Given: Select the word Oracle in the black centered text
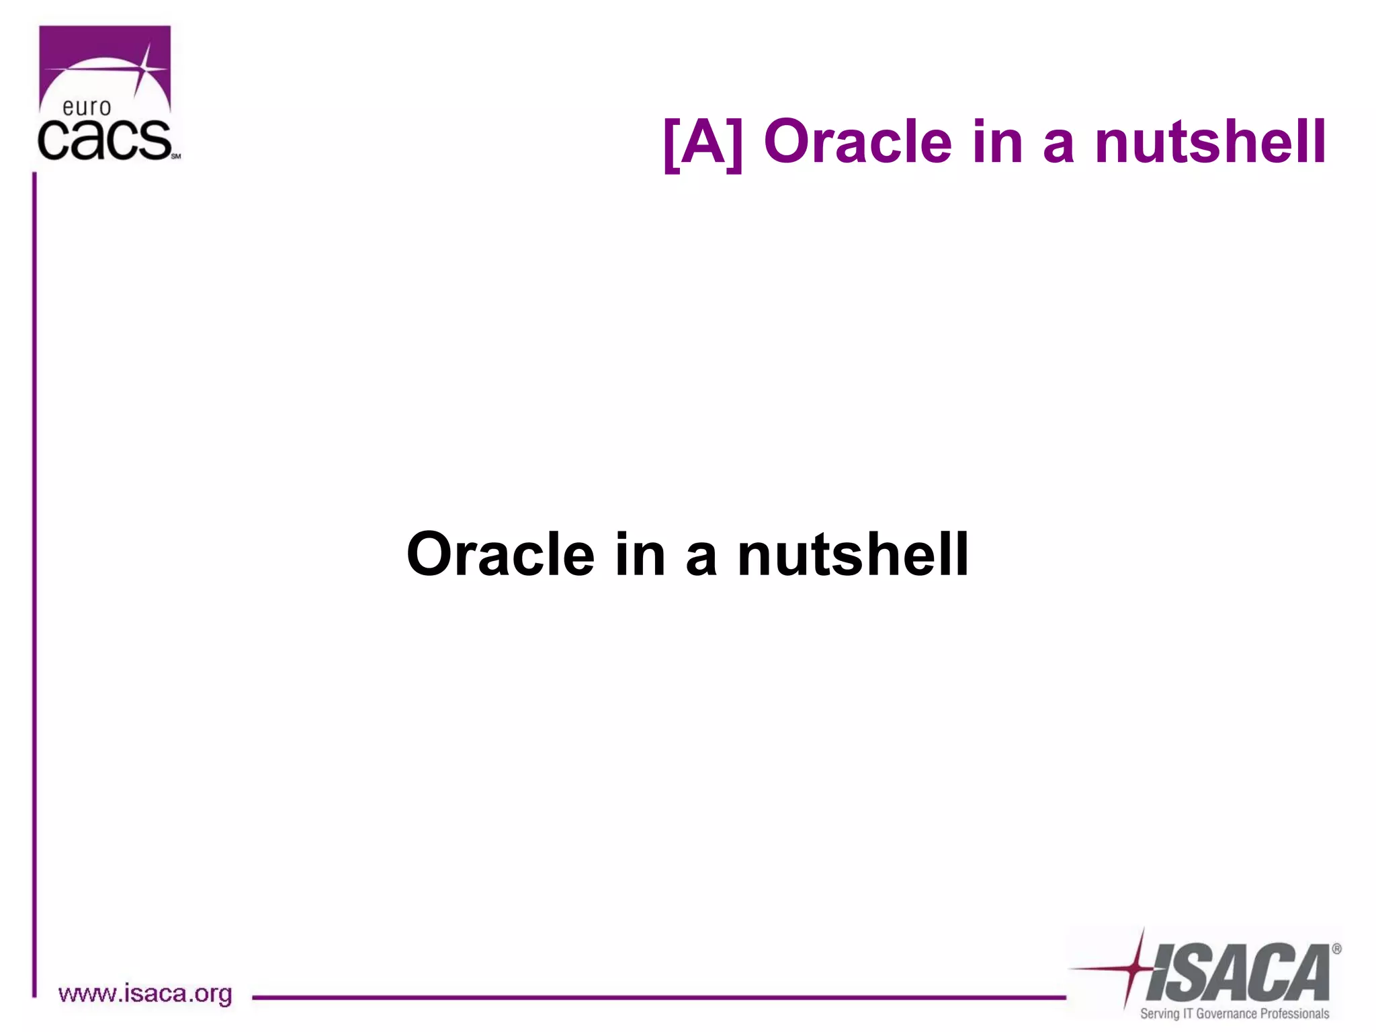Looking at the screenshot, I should tap(501, 554).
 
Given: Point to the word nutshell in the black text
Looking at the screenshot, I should tap(853, 554).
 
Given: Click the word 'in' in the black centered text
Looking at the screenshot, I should tap(640, 554).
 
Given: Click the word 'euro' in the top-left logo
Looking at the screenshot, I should tap(86, 107).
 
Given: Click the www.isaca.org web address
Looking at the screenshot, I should tap(145, 994).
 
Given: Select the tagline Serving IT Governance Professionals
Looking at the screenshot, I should tap(1234, 1013).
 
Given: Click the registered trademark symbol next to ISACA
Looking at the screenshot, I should tap(1336, 949).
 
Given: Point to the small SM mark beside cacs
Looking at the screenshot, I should tap(176, 156).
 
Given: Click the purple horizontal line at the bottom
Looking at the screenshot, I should tap(658, 998).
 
